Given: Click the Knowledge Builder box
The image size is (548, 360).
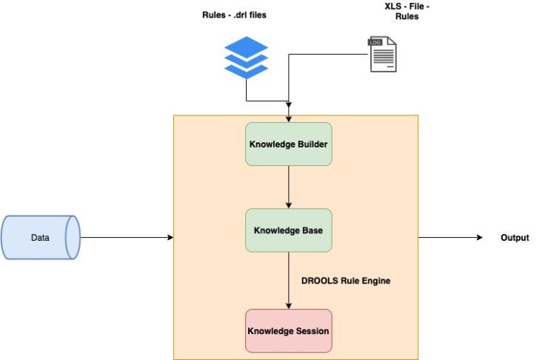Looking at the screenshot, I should (x=288, y=144).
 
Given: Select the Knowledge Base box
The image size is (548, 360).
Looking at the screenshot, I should (x=288, y=230).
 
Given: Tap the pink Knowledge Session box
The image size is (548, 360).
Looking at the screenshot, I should (x=288, y=330).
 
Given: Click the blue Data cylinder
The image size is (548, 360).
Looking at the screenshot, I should (x=41, y=238).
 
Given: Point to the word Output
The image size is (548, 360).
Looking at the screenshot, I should (x=514, y=238).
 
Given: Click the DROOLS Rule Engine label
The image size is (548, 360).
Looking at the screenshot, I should (x=345, y=281).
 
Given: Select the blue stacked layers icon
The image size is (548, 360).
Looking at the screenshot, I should (x=246, y=58).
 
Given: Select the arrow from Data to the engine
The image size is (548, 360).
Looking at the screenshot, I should (x=126, y=238).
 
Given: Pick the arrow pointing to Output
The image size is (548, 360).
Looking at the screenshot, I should (x=452, y=238).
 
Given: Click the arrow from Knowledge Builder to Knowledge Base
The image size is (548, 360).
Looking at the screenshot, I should (x=288, y=187).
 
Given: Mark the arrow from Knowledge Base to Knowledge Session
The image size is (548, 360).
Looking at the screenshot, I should (x=288, y=280).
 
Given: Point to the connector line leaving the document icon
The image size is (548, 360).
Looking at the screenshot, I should (x=326, y=54).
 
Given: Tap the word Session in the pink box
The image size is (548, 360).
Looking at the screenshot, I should (x=312, y=330).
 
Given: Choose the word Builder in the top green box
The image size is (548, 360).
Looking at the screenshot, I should (x=311, y=144).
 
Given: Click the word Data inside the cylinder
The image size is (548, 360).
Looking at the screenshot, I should (x=40, y=238).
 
